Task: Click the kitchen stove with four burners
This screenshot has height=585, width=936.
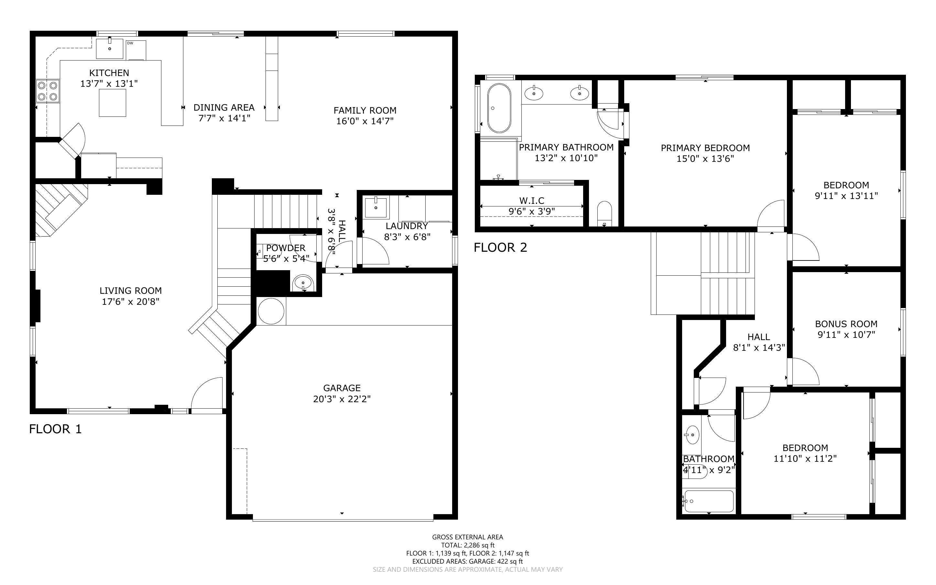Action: (48, 91)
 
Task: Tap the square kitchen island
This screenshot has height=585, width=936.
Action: (112, 103)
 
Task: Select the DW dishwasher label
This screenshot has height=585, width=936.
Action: (130, 43)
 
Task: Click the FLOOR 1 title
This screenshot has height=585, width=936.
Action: (55, 429)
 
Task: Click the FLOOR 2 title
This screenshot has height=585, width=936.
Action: (500, 247)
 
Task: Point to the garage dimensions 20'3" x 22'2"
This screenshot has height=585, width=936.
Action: (342, 399)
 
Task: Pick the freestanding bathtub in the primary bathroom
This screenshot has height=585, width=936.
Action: (498, 108)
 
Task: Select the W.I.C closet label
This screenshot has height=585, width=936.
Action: (532, 200)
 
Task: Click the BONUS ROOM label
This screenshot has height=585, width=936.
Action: (846, 324)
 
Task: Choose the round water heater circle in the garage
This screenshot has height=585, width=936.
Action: (271, 311)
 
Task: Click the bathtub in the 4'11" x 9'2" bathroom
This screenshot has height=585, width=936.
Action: (708, 502)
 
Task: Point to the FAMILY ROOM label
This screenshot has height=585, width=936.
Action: (365, 110)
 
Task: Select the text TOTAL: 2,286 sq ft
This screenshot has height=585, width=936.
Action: (467, 545)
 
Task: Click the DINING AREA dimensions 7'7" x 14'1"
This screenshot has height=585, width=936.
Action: (224, 118)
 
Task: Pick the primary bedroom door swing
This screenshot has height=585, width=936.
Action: (770, 215)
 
